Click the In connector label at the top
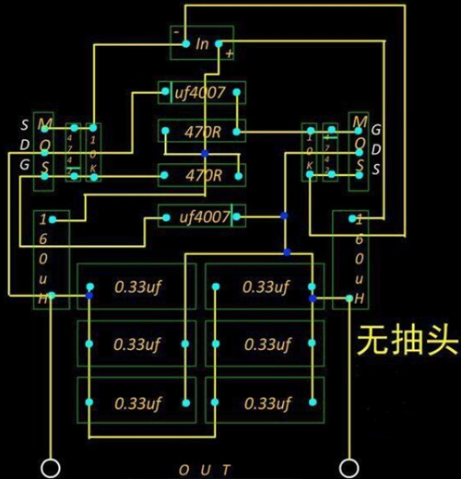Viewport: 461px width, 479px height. [203, 43]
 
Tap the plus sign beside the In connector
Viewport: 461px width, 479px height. [228, 53]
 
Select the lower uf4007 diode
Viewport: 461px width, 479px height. [203, 217]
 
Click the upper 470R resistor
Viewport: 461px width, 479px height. [203, 133]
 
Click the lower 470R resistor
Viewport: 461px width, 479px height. [203, 174]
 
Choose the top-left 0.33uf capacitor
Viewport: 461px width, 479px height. [136, 287]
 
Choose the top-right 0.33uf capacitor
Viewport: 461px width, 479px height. [266, 287]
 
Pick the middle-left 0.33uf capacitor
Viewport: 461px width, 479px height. [136, 345]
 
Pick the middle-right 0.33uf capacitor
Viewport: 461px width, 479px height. [266, 345]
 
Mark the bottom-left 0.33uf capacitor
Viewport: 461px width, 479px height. [136, 403]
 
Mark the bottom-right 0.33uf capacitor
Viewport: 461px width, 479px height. [266, 403]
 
